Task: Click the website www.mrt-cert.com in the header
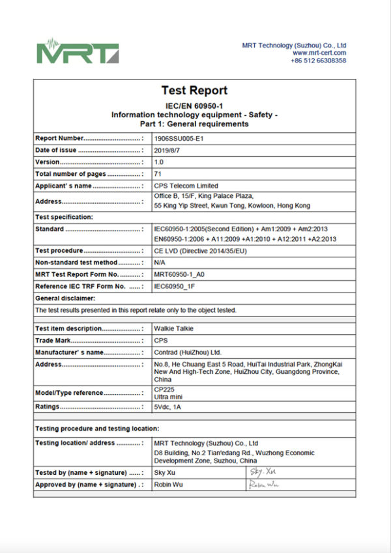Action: click(319, 53)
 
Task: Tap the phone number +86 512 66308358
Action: click(318, 61)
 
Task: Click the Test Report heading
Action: click(194, 91)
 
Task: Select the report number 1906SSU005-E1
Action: click(181, 139)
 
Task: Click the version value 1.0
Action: click(159, 162)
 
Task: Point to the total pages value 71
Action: click(157, 174)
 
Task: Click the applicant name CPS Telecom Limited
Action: click(186, 186)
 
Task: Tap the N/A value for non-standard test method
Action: click(160, 262)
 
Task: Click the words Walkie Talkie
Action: click(173, 329)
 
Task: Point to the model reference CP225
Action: click(164, 390)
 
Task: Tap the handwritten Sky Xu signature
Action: click(263, 471)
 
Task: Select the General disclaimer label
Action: click(65, 298)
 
